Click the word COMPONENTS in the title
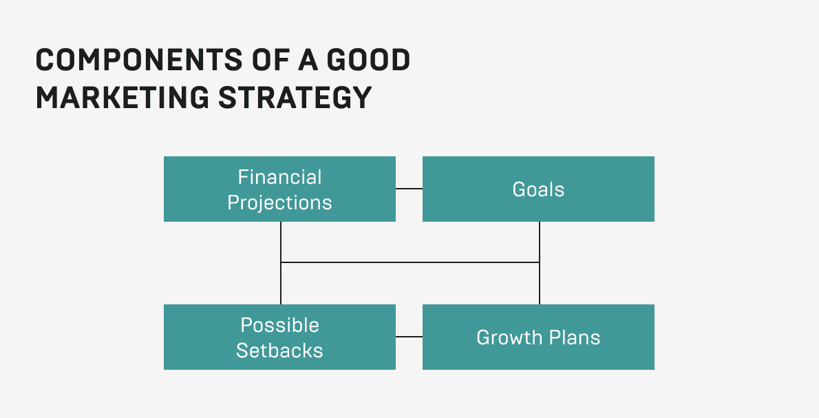tap(139, 60)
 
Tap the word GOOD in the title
tap(368, 60)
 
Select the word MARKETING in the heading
tap(123, 98)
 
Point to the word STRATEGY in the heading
tap(295, 98)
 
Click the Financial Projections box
tap(279, 189)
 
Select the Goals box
tap(538, 189)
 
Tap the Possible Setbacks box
tap(279, 337)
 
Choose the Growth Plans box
tap(538, 337)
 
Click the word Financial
tap(280, 177)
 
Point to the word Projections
tap(279, 203)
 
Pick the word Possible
tap(280, 325)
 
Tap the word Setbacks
tap(279, 350)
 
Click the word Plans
tap(575, 337)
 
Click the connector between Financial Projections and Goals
tap(409, 189)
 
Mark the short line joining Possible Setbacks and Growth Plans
tap(409, 337)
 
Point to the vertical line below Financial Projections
tap(281, 263)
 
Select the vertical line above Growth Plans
tap(540, 263)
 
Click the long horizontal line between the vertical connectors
tap(410, 262)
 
